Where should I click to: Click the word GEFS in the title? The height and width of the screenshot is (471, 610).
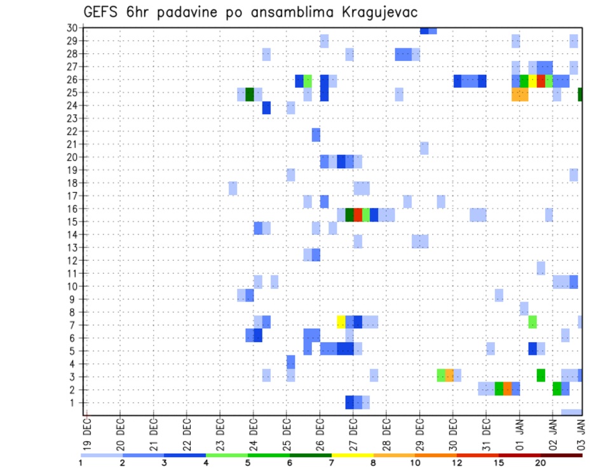pyautogui.click(x=102, y=13)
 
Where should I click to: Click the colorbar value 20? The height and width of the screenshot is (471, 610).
pyautogui.click(x=540, y=462)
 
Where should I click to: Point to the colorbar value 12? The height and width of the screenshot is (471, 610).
pyautogui.click(x=457, y=462)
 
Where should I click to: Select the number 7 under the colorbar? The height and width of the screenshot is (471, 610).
pyautogui.click(x=331, y=462)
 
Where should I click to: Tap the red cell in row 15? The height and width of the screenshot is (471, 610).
pyautogui.click(x=358, y=215)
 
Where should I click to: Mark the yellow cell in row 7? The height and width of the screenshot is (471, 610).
pyautogui.click(x=341, y=321)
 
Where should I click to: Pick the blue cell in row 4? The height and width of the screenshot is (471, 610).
pyautogui.click(x=290, y=362)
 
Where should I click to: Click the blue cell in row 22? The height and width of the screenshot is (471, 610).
pyautogui.click(x=316, y=135)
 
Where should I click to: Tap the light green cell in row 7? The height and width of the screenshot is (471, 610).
pyautogui.click(x=532, y=321)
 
